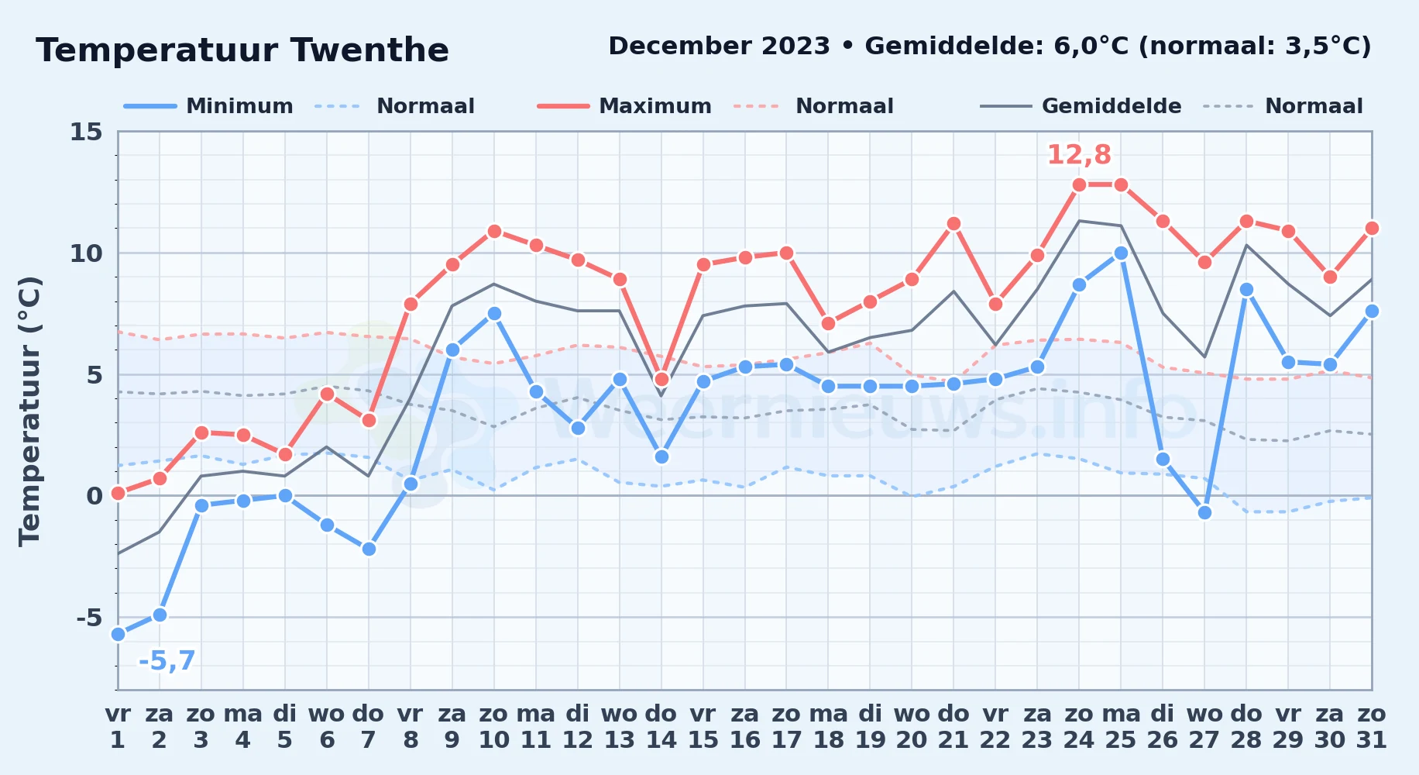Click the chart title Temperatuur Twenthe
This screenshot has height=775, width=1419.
point(242,50)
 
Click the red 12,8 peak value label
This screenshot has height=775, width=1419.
point(1079,155)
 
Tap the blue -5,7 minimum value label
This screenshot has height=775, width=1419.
point(167,661)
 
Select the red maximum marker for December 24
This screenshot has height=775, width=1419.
point(1079,184)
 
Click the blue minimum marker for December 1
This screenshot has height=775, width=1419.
point(118,634)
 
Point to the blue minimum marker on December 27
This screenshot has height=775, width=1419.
point(1204,512)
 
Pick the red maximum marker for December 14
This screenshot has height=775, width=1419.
point(661,379)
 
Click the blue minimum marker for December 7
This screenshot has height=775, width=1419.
point(369,549)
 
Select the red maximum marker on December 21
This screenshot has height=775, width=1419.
point(953,223)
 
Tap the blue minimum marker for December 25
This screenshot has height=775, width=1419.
point(1121,253)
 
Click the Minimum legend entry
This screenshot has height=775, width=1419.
point(208,106)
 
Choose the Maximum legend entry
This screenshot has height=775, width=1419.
point(624,106)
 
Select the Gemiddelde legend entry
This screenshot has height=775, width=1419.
point(1081,106)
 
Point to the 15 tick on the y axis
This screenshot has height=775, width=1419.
point(86,132)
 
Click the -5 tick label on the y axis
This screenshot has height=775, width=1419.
point(89,618)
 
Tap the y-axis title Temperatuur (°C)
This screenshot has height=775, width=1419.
point(29,411)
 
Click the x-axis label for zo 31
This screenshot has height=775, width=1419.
point(1371,727)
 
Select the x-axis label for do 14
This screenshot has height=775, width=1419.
point(661,727)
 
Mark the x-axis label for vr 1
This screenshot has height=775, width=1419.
point(118,727)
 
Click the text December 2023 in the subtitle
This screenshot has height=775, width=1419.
point(719,46)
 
